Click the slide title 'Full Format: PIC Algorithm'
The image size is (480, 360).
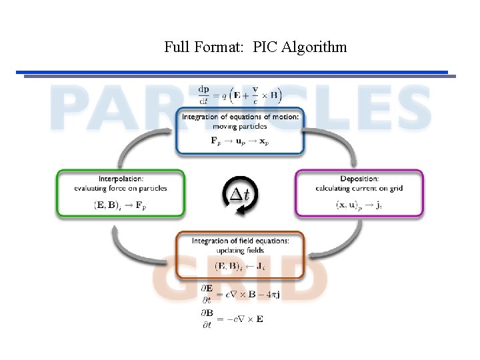pos(255,47)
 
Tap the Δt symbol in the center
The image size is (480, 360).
pos(239,194)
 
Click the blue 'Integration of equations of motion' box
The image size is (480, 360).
pos(240,131)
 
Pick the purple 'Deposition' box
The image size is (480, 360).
pos(359,193)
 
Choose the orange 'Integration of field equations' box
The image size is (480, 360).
pos(240,254)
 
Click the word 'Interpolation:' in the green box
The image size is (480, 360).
pos(120,179)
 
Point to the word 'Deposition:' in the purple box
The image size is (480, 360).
pos(359,179)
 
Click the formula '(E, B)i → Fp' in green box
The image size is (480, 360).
pos(120,205)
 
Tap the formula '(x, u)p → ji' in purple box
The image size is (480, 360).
pos(359,205)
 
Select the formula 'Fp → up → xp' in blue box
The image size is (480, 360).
pos(240,141)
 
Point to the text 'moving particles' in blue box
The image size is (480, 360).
pos(240,126)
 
